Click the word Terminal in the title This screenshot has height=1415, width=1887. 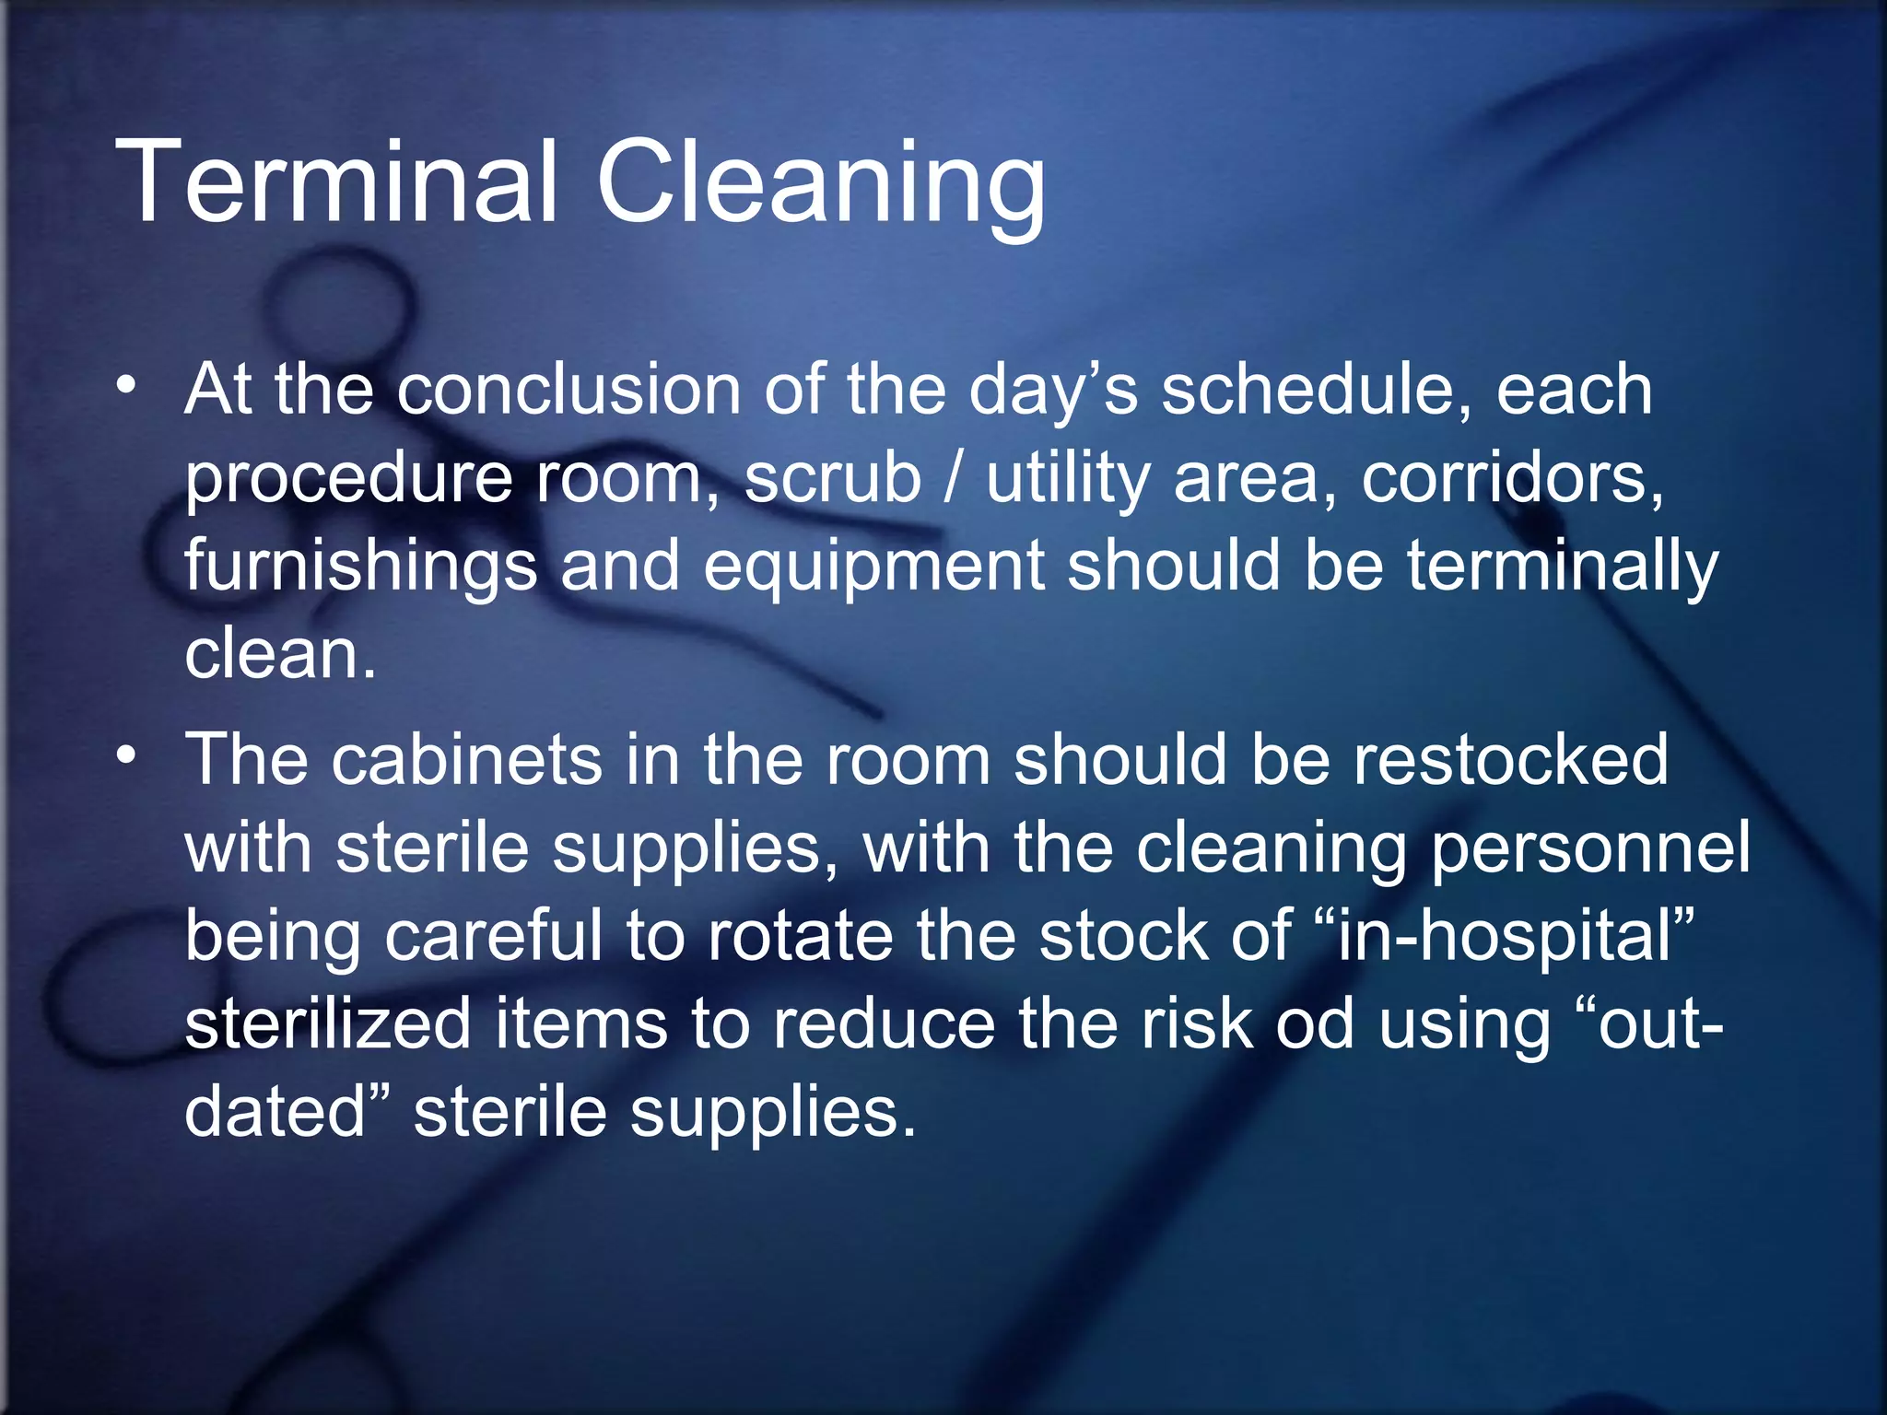337,181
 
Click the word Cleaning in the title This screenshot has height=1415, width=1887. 821,184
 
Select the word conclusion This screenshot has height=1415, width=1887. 568,390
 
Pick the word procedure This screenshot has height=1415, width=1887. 348,479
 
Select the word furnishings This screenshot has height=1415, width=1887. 360,567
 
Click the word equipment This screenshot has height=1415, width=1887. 873,567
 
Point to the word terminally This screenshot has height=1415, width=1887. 1562,567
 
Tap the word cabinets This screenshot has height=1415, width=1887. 466,760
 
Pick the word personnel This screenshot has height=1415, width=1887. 1590,848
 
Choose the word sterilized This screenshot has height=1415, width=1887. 328,1023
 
